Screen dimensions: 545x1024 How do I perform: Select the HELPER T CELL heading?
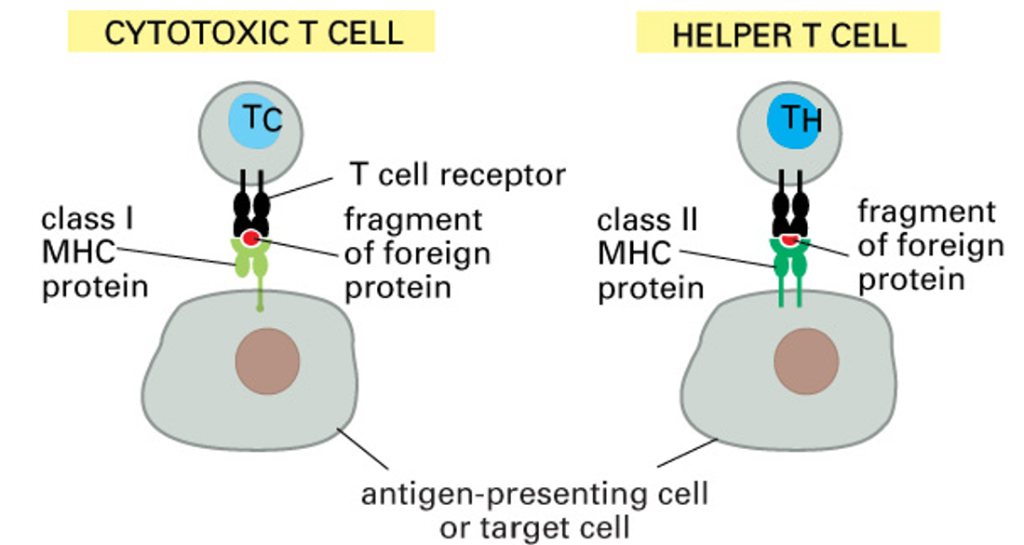pos(788,34)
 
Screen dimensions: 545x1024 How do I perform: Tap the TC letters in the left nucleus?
pos(261,120)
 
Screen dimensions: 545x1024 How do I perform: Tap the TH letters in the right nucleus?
pos(796,120)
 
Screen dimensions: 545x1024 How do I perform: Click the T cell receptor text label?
pos(457,174)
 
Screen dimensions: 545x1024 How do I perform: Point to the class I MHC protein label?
pos(94,252)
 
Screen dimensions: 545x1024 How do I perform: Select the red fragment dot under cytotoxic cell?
pos(251,239)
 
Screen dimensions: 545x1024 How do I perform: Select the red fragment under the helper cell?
pos(788,240)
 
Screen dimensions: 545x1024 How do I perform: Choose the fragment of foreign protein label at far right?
pos(931,246)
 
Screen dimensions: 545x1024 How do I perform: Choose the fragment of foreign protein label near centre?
pos(416,253)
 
